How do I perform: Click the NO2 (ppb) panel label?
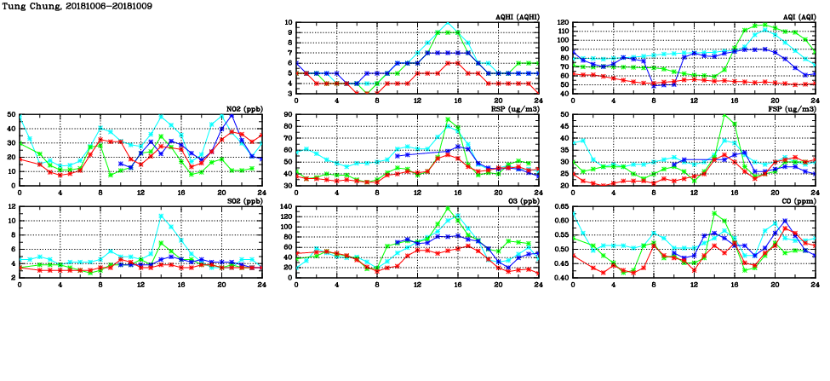click(243, 109)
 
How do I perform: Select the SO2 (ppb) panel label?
click(243, 201)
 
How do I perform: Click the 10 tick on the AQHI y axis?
click(288, 23)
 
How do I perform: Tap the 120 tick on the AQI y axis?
click(562, 23)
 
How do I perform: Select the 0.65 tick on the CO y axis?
click(560, 206)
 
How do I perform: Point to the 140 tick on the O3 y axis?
click(285, 206)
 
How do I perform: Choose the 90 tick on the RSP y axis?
click(288, 114)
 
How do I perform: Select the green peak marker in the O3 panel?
click(449, 208)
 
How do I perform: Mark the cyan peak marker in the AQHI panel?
click(449, 23)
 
